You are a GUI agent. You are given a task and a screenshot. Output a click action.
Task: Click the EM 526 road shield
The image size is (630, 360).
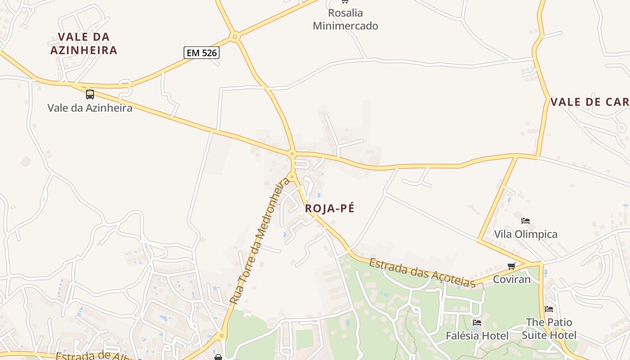pyautogui.click(x=201, y=53)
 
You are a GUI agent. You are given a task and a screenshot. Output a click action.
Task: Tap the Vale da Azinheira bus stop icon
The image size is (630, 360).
pyautogui.click(x=90, y=94)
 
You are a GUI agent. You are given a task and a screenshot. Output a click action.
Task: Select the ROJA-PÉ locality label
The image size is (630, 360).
pyautogui.click(x=330, y=208)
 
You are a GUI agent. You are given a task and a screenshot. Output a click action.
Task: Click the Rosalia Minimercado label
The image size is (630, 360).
pyautogui.click(x=346, y=19)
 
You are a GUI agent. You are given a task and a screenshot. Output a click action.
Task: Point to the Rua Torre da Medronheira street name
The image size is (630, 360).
pyautogui.click(x=260, y=241)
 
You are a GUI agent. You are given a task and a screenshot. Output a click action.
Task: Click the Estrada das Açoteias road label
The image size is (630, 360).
pyautogui.click(x=422, y=272)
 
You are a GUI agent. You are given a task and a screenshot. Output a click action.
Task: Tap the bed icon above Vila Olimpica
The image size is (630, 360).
pyautogui.click(x=525, y=221)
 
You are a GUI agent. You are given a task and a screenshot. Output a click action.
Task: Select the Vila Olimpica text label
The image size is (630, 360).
pyautogui.click(x=526, y=234)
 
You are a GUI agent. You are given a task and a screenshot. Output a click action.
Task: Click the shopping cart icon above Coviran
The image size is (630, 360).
pyautogui.click(x=511, y=266)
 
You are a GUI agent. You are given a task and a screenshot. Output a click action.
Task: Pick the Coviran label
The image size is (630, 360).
pyautogui.click(x=512, y=279)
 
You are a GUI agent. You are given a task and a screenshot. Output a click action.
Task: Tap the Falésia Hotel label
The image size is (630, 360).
pyautogui.click(x=477, y=336)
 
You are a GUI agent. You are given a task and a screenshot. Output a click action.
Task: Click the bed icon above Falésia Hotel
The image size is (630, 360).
pyautogui.click(x=477, y=323)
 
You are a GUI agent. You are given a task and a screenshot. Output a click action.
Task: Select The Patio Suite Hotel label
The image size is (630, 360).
pyautogui.click(x=549, y=329)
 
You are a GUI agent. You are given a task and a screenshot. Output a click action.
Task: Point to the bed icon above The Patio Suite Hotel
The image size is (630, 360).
pyautogui.click(x=549, y=309)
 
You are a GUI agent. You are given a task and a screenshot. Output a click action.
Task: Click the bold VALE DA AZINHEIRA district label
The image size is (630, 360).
pyautogui.click(x=84, y=43)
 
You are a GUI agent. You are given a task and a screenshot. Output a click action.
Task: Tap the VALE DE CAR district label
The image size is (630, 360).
pyautogui.click(x=589, y=102)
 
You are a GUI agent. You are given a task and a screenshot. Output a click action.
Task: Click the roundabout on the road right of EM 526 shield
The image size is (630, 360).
pyautogui.click(x=234, y=36)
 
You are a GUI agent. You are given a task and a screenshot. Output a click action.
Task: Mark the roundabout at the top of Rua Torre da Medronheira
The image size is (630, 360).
pyautogui.click(x=292, y=177)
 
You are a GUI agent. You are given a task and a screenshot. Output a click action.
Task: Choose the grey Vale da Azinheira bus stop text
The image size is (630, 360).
pyautogui.click(x=90, y=108)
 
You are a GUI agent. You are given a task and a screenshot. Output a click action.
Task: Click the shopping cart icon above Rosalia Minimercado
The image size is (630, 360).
pyautogui.click(x=345, y=1)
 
